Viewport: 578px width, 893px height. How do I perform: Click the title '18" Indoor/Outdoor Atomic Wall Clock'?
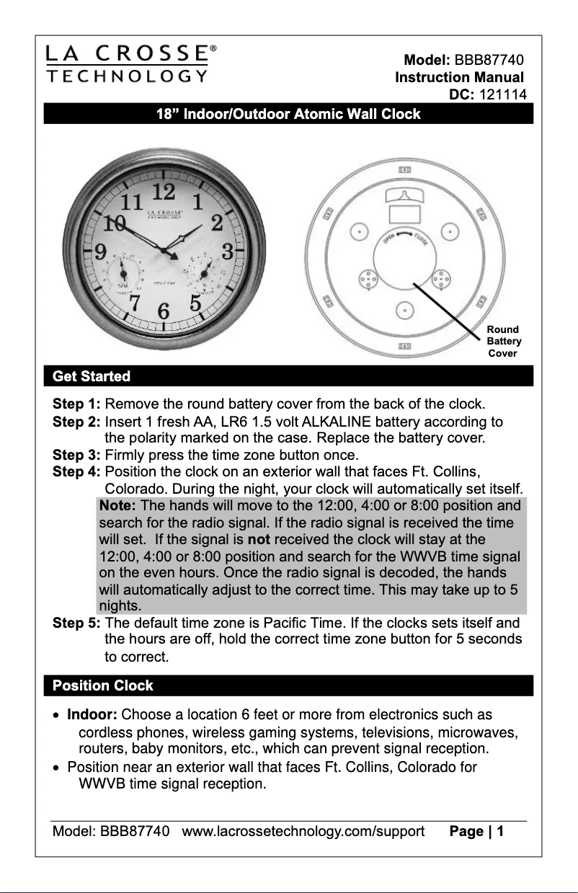pos(288,114)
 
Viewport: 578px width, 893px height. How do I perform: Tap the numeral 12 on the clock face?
pos(164,191)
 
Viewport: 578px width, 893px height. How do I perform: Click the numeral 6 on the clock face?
pos(164,312)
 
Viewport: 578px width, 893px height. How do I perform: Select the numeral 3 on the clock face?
pos(226,252)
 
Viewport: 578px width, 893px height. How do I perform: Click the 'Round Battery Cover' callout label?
pos(503,342)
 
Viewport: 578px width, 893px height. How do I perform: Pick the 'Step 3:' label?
pos(76,455)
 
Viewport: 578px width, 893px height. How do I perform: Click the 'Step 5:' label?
pos(76,623)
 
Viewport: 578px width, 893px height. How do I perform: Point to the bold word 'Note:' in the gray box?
pos(117,505)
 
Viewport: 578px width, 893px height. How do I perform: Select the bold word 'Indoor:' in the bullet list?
pos(92,715)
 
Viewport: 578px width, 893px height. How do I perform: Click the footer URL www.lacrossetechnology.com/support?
pos(303,832)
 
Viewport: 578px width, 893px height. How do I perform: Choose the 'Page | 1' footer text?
pos(476,832)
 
